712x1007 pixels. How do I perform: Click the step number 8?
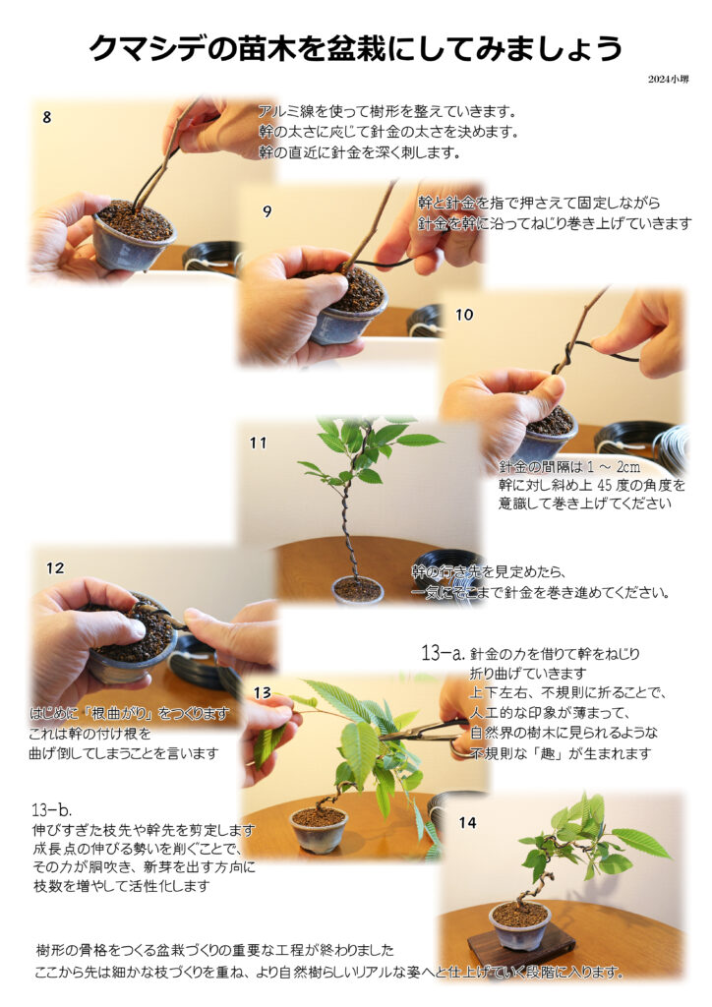click(47, 118)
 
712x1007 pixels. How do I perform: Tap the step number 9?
click(267, 211)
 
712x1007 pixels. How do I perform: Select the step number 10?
click(464, 315)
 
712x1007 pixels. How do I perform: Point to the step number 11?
click(258, 444)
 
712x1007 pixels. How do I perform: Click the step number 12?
click(55, 568)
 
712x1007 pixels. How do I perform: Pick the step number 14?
click(467, 823)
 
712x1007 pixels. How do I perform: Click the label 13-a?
click(443, 654)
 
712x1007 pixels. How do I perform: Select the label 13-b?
click(51, 810)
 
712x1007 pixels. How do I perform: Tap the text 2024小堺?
click(668, 79)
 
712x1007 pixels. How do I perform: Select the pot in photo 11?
click(358, 590)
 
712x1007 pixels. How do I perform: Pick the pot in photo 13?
click(319, 829)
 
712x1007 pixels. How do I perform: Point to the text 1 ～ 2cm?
click(614, 467)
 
